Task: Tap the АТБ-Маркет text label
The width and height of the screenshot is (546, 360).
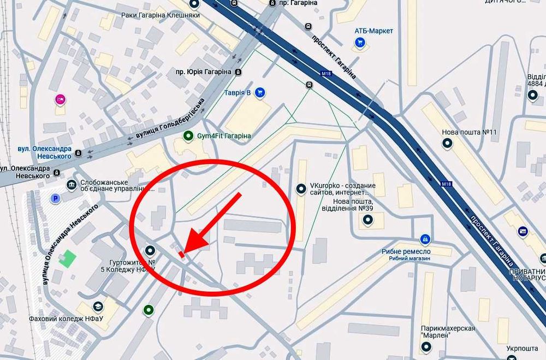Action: pos(373,31)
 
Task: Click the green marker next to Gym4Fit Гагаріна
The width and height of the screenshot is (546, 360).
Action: pos(188,135)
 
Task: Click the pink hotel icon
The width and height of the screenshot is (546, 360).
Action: pos(60,99)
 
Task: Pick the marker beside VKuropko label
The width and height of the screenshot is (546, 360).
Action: pos(300,189)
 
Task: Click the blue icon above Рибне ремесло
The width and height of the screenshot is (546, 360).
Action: pos(425,239)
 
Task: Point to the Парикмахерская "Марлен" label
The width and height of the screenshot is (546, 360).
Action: pos(448,332)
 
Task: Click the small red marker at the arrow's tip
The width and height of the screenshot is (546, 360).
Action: pos(181,253)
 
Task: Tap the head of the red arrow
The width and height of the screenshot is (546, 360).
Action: pos(191,244)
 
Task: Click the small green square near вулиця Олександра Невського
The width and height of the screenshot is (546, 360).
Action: pos(68,258)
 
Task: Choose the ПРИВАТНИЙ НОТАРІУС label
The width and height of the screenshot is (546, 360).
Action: pos(526,275)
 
